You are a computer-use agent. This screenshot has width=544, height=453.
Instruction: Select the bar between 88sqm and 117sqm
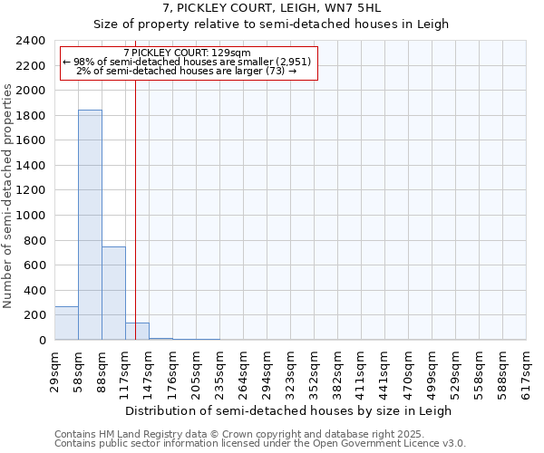113,293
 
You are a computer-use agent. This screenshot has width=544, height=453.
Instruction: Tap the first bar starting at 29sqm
66,323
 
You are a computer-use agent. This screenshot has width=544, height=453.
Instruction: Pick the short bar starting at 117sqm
137,332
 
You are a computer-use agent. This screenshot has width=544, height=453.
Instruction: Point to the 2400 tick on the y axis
31,41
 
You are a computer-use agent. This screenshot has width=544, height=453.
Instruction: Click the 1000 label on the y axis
31,216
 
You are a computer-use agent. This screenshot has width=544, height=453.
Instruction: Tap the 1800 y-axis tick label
31,116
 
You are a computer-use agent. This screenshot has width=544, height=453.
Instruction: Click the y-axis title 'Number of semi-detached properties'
8,196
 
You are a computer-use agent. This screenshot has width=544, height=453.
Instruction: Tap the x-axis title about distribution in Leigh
288,410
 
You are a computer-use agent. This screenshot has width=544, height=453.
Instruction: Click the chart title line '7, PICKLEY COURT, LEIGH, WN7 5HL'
271,9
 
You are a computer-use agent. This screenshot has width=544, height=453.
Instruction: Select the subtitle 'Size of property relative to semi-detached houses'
271,24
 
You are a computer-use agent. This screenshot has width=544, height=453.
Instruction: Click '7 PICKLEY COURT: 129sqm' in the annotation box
188,53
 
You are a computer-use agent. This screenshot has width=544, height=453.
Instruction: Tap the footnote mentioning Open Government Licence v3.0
260,444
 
